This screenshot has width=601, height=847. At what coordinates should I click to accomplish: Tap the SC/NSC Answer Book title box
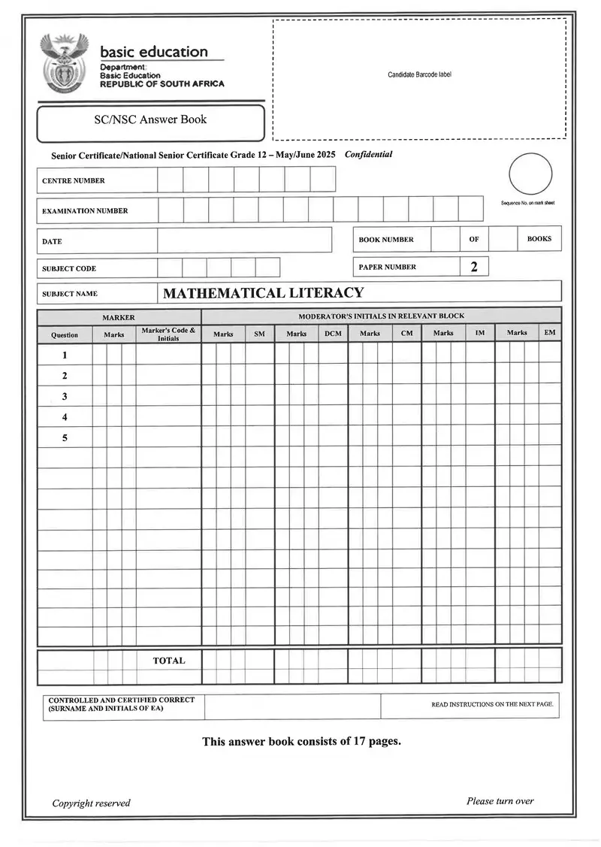[x=150, y=119]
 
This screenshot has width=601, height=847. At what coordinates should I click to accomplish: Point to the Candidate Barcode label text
[x=419, y=74]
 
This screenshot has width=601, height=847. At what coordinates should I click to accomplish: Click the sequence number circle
[x=530, y=174]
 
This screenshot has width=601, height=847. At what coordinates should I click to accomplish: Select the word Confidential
[x=368, y=154]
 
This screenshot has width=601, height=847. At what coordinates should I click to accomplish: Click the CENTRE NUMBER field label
[x=74, y=180]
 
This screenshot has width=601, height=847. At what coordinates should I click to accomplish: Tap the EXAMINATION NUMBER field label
[x=85, y=211]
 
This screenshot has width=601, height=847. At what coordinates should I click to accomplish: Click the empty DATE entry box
[x=244, y=240]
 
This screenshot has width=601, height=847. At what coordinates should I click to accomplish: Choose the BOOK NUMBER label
[x=386, y=240]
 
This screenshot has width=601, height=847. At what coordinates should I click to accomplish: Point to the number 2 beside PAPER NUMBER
[x=474, y=267]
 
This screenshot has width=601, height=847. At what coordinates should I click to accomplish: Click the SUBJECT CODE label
[x=69, y=268]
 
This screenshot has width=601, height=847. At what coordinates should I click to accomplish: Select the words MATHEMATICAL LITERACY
[x=263, y=293]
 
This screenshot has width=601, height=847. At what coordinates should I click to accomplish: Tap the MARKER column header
[x=119, y=317]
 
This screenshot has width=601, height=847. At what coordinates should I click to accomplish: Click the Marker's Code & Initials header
[x=168, y=334]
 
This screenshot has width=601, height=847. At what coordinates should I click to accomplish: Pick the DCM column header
[x=333, y=334]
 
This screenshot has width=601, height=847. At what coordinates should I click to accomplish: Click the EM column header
[x=550, y=333]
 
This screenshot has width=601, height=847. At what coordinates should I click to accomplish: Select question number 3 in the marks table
[x=65, y=396]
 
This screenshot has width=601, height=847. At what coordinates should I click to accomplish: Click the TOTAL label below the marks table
[x=169, y=661]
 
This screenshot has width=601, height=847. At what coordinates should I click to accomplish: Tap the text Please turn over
[x=500, y=801]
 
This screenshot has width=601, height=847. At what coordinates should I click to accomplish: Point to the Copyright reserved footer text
[x=91, y=803]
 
